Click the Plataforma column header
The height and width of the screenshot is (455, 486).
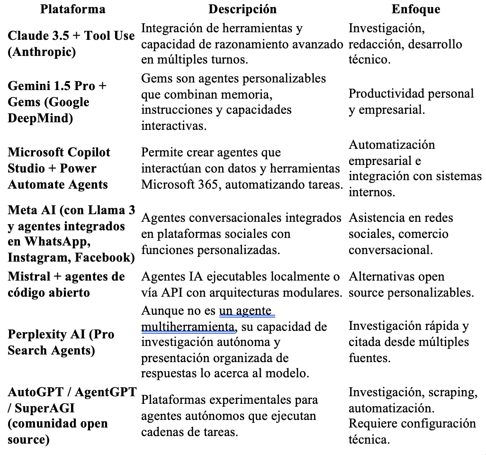click(x=72, y=9)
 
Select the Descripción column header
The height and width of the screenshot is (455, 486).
click(x=242, y=9)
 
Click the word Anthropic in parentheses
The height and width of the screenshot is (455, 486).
click(x=42, y=52)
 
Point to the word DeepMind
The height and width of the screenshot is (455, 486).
click(x=40, y=118)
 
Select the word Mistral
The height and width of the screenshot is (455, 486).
click(x=29, y=276)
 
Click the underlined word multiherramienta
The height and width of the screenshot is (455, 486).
click(x=188, y=327)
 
